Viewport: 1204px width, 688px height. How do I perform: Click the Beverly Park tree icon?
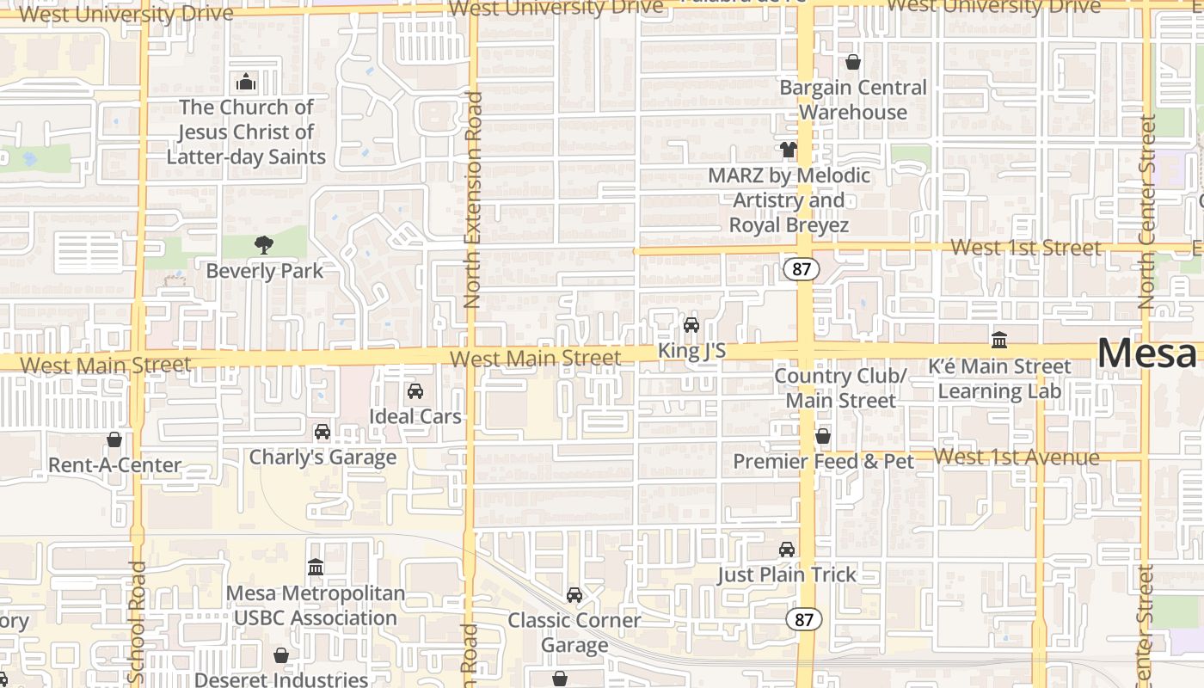(x=263, y=245)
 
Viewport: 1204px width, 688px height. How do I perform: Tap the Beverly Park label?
(x=265, y=271)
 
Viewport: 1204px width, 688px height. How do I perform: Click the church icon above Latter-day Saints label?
(x=246, y=83)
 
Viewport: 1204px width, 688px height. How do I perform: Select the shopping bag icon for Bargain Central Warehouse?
(x=852, y=62)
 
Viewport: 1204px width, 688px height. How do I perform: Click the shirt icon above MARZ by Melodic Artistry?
(x=789, y=150)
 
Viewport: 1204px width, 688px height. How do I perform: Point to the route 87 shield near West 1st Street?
(x=802, y=269)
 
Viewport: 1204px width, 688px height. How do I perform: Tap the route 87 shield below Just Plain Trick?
(x=803, y=618)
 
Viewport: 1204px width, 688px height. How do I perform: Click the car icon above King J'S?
(x=691, y=325)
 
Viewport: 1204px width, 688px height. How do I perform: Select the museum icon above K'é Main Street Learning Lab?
(x=999, y=340)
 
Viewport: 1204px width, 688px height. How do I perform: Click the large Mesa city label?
(x=1147, y=353)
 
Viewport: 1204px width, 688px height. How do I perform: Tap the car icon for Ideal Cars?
(x=415, y=391)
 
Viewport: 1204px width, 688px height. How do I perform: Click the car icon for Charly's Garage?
(x=322, y=432)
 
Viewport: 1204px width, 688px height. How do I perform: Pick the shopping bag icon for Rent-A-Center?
(x=114, y=439)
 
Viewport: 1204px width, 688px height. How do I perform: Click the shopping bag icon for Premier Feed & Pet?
(x=823, y=436)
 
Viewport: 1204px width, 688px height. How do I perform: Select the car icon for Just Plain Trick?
(x=787, y=550)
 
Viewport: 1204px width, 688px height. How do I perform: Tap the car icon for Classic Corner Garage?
(x=574, y=595)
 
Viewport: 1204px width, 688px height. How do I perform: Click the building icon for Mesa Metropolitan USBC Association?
(x=316, y=568)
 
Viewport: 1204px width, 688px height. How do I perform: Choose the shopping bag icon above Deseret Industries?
(x=281, y=655)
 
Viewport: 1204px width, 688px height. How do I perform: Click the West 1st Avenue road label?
(x=1017, y=457)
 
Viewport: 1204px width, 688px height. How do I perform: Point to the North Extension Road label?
(x=471, y=200)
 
